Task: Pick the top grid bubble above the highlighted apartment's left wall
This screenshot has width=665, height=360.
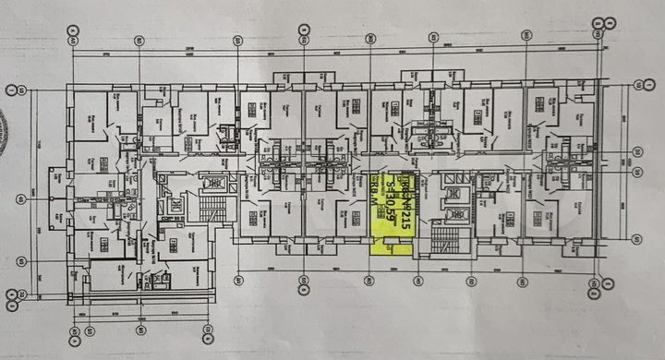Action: pos(369,38)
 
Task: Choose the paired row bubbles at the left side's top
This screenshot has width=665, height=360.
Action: pos(12,91)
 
